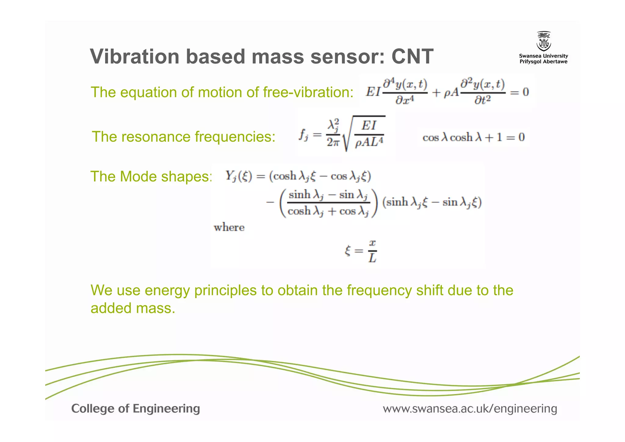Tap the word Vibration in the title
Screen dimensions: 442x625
point(134,57)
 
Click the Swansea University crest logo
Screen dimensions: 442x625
point(544,42)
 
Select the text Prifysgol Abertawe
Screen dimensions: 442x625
point(544,62)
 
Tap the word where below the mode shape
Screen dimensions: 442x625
point(229,228)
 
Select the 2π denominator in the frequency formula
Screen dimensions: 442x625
point(333,142)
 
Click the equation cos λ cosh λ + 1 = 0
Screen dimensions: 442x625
point(473,137)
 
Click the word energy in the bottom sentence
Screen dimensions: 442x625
point(167,290)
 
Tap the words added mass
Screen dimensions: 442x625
point(133,308)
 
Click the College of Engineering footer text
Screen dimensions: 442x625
point(135,409)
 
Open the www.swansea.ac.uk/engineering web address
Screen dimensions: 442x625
point(470,409)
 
